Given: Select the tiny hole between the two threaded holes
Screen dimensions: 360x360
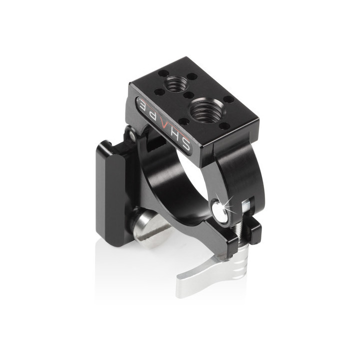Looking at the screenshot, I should pos(188,94).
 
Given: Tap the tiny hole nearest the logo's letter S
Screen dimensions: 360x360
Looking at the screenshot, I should pos(184,121).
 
